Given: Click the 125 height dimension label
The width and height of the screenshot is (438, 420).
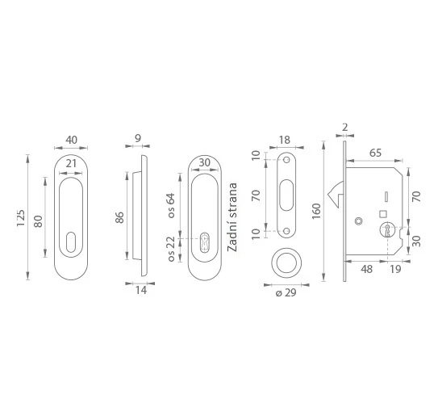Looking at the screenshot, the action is (21, 218).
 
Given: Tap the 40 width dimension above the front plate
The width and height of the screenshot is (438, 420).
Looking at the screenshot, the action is (71, 140).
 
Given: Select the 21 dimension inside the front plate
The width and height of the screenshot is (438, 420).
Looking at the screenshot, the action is (71, 163).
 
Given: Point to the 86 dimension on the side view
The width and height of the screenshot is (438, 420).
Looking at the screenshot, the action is (119, 217).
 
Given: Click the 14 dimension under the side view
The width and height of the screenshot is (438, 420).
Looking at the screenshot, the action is (141, 290).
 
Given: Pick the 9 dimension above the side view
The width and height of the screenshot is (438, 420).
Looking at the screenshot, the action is (138, 138).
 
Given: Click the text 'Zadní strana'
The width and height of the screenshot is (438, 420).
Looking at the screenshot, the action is (232, 217).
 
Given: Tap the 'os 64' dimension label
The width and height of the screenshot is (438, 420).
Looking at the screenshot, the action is (171, 205).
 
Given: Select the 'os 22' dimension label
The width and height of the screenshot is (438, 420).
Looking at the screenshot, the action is (171, 249).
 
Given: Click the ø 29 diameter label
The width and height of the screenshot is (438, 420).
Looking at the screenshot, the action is (286, 292).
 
